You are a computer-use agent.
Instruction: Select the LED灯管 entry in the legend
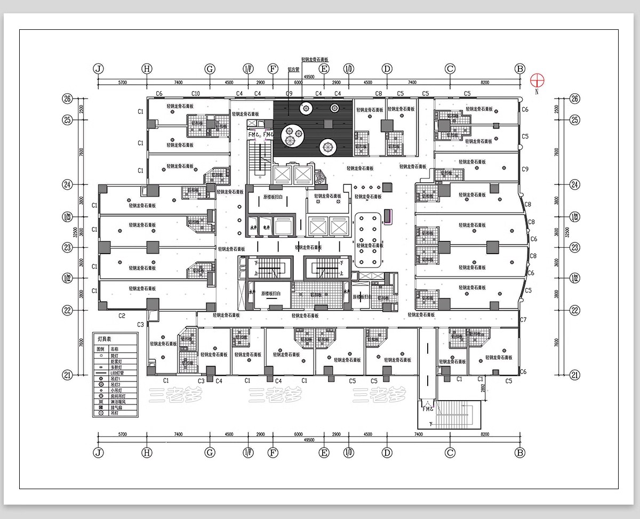click(x=117, y=373)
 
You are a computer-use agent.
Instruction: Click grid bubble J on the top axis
click(x=98, y=69)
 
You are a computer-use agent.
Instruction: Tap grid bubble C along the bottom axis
click(x=450, y=452)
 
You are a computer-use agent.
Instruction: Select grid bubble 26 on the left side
click(x=67, y=99)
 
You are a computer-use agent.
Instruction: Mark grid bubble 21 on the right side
click(x=575, y=375)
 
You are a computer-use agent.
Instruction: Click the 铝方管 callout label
click(x=293, y=70)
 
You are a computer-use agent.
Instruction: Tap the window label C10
click(x=195, y=94)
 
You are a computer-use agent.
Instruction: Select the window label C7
click(x=523, y=320)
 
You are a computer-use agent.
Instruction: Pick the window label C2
click(x=122, y=316)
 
